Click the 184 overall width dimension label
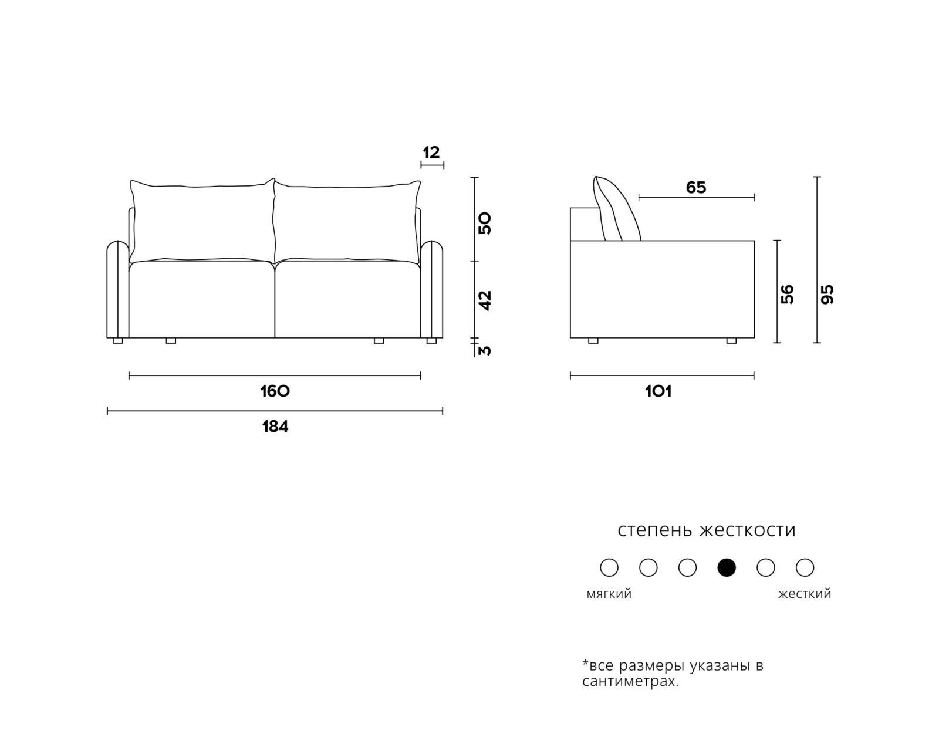275,427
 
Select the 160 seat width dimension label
275,391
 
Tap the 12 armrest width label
431,153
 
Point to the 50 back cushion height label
485,224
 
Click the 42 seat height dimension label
485,300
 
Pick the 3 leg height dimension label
485,350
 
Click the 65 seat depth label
695,187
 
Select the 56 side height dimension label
787,294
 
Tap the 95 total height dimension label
827,294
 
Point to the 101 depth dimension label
658,391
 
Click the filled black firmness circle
727,567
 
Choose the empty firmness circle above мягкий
609,567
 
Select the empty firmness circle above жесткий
805,567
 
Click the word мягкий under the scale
609,594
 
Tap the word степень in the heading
655,530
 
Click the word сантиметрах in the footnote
630,681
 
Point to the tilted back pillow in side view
616,209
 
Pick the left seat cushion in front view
201,299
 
